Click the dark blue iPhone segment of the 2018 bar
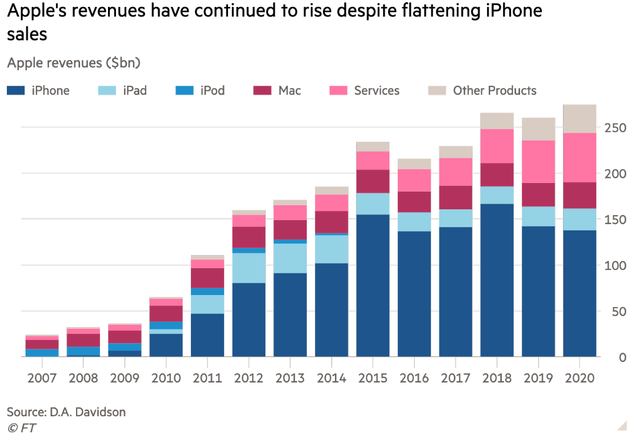[497, 280]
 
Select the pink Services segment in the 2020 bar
[580, 157]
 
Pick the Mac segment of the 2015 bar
[373, 181]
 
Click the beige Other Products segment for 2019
[538, 129]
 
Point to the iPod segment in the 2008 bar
[83, 351]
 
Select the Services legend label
[377, 90]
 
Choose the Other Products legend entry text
[494, 90]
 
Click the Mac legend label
[290, 90]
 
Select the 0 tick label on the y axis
[622, 358]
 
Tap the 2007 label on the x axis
[42, 378]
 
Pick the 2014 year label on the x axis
[332, 378]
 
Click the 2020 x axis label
[580, 378]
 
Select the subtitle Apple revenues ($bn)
[74, 62]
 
